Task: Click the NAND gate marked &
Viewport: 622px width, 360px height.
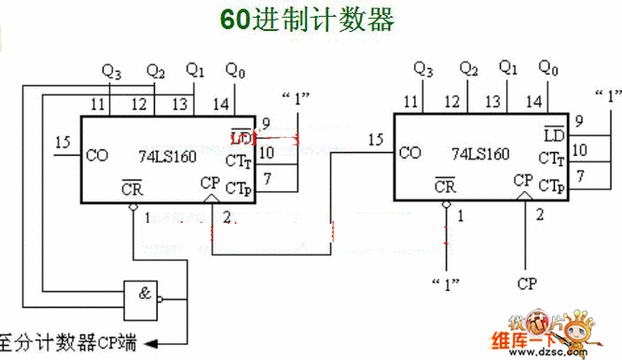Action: click(x=139, y=295)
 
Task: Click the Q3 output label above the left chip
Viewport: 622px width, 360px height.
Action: click(x=111, y=71)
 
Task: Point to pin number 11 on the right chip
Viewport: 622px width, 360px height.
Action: click(x=410, y=102)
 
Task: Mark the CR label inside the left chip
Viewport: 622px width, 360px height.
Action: click(x=132, y=187)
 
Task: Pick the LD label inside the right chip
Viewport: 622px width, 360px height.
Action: click(x=555, y=136)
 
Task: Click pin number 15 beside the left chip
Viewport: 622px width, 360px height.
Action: click(x=63, y=142)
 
